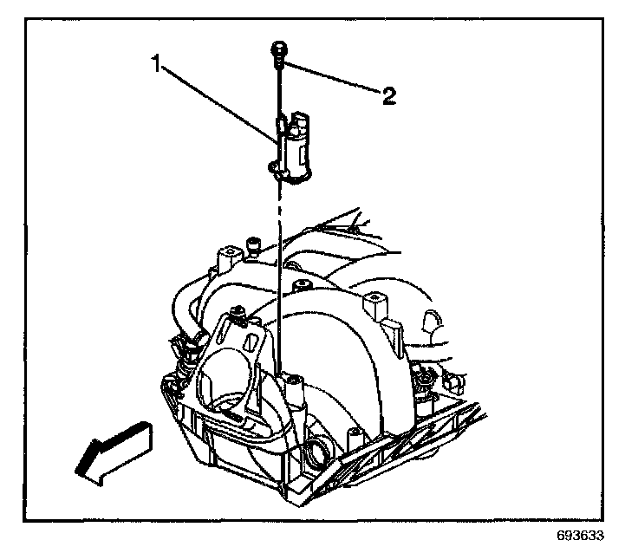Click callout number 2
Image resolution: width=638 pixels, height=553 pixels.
coord(389,95)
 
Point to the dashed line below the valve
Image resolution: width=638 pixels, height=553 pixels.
coord(278,217)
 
